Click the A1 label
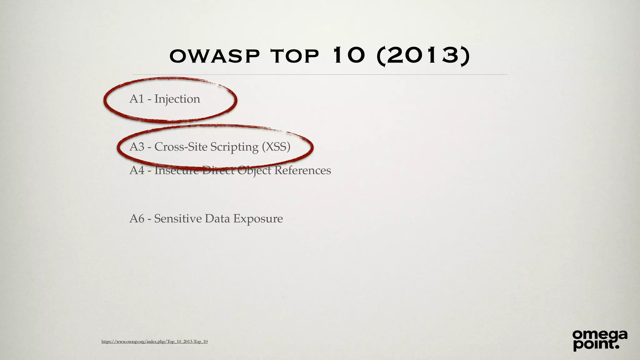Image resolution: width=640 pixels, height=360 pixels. point(137,99)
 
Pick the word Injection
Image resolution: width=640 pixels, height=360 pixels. point(177,99)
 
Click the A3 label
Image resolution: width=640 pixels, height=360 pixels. point(137,147)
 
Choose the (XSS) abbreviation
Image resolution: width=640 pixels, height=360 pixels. point(276,147)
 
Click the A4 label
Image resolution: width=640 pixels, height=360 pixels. point(137,170)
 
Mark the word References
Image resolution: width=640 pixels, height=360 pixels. point(302,170)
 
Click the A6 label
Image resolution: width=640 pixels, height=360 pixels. point(137,218)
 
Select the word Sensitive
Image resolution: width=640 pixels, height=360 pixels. point(178,218)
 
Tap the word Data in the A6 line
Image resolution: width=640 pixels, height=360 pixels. point(217,218)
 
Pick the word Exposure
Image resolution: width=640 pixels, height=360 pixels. point(258,219)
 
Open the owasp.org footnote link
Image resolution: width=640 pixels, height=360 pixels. point(154,341)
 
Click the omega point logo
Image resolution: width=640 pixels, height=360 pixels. point(600,340)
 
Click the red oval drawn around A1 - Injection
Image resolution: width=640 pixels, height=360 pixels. point(106,100)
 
